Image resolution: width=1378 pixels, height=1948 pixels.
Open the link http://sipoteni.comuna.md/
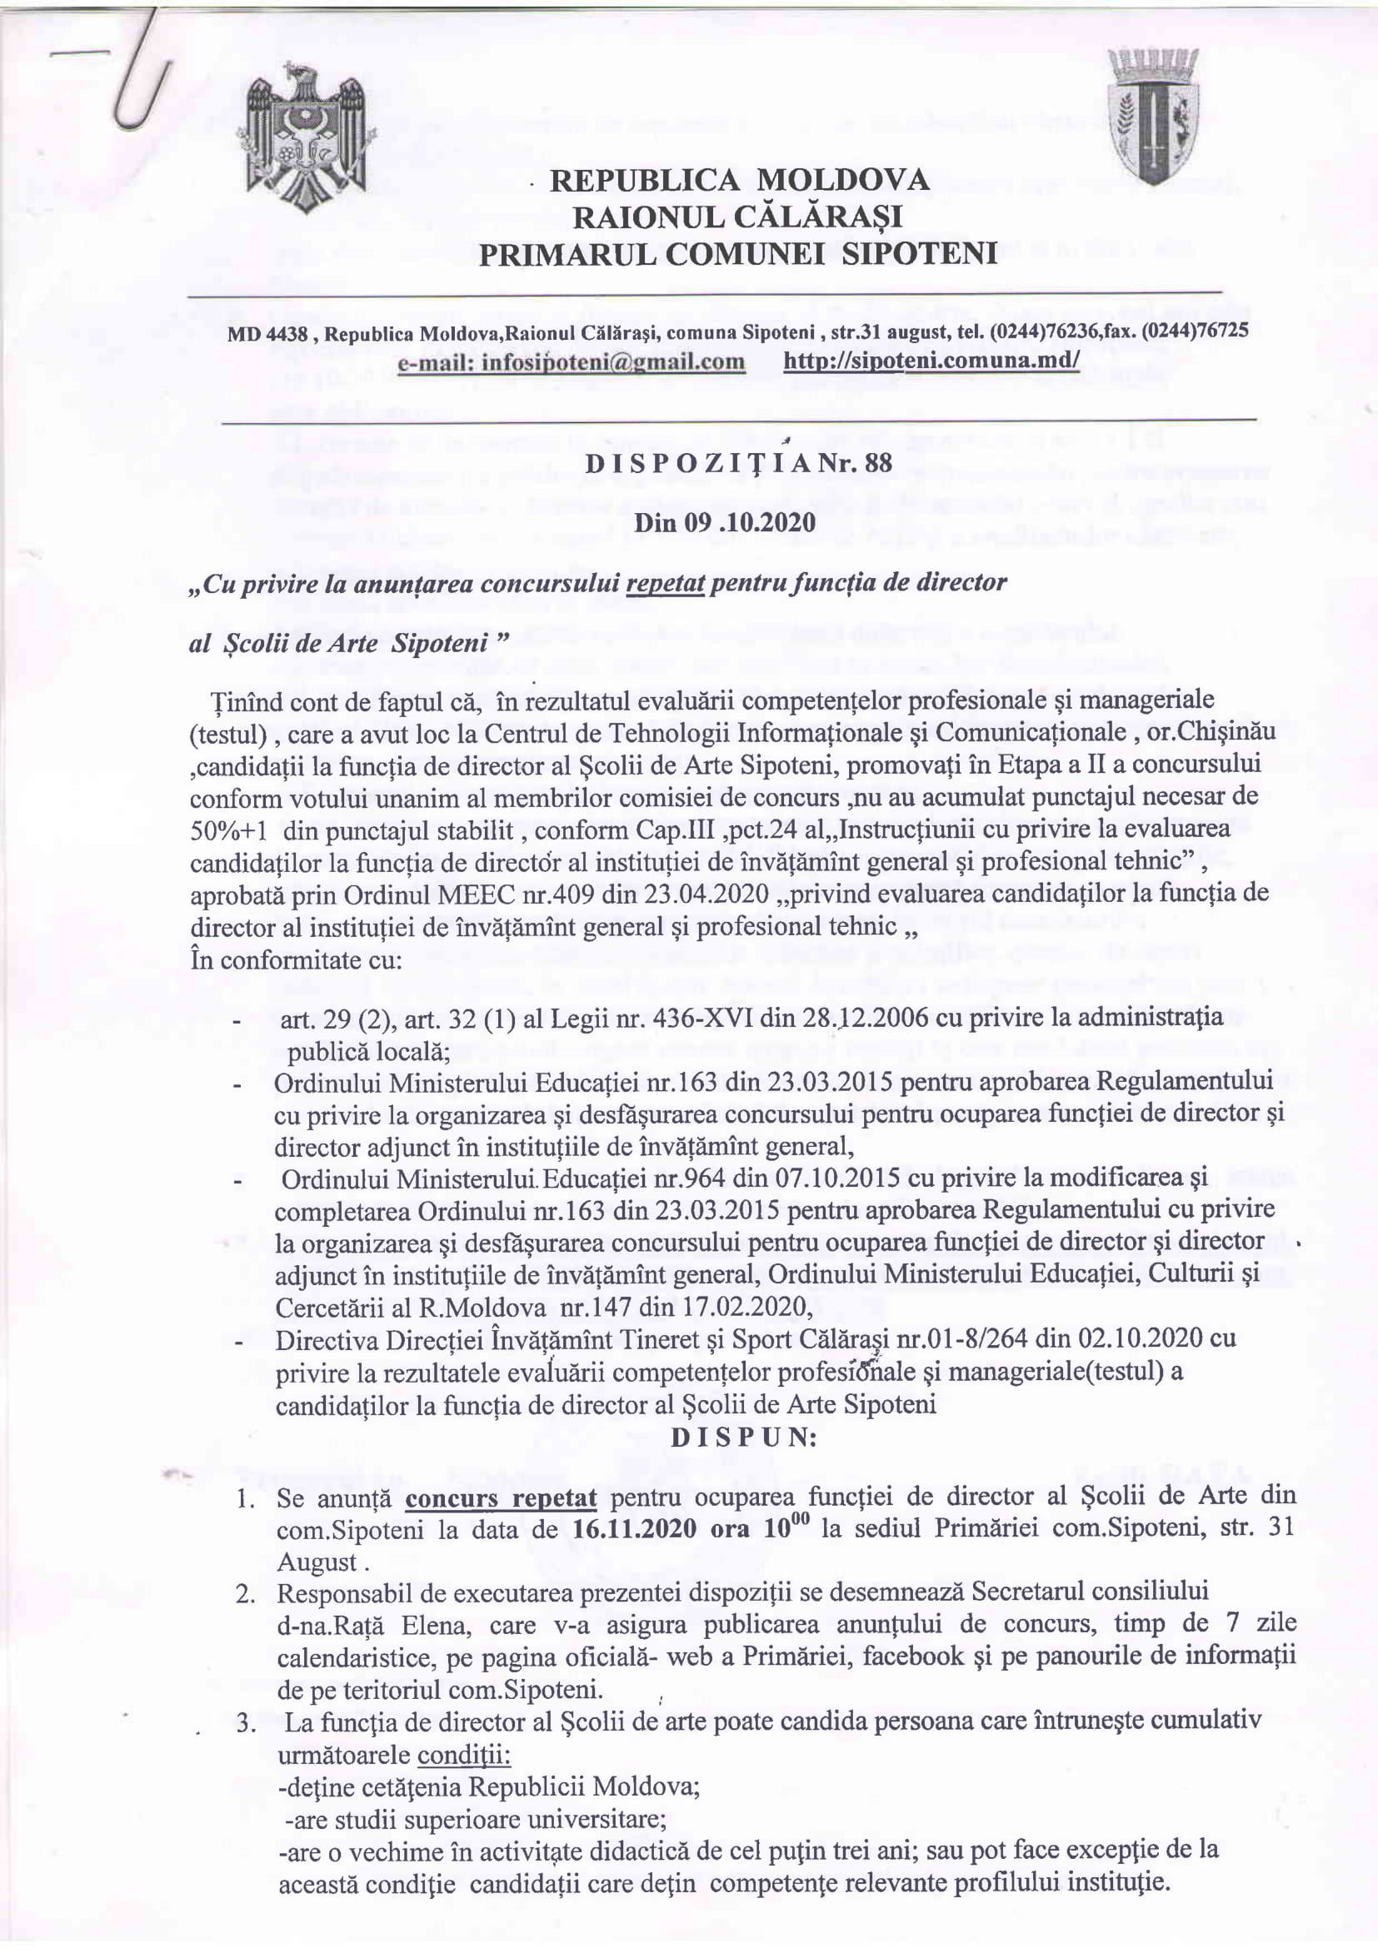pos(931,362)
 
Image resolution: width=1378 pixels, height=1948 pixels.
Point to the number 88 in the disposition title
pos(852,464)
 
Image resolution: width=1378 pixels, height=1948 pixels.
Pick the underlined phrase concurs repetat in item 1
pos(501,1497)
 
